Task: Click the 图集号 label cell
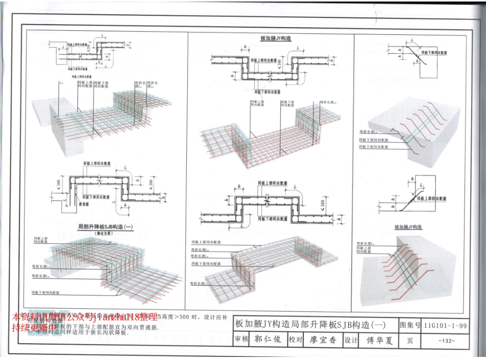pyautogui.click(x=410, y=325)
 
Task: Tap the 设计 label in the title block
pyautogui.click(x=350, y=340)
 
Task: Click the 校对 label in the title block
pyautogui.click(x=296, y=340)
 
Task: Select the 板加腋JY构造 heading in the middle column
pyautogui.click(x=276, y=39)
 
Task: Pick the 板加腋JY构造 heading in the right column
pyautogui.click(x=408, y=227)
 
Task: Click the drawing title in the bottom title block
pyautogui.click(x=310, y=324)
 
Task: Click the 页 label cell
pyautogui.click(x=410, y=341)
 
